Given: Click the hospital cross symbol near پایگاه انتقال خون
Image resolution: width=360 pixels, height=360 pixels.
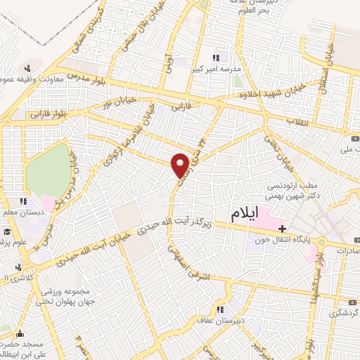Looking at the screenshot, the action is pyautogui.click(x=282, y=229).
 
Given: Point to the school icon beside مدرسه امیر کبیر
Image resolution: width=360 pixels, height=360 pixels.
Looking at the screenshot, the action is pyautogui.click(x=216, y=58).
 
